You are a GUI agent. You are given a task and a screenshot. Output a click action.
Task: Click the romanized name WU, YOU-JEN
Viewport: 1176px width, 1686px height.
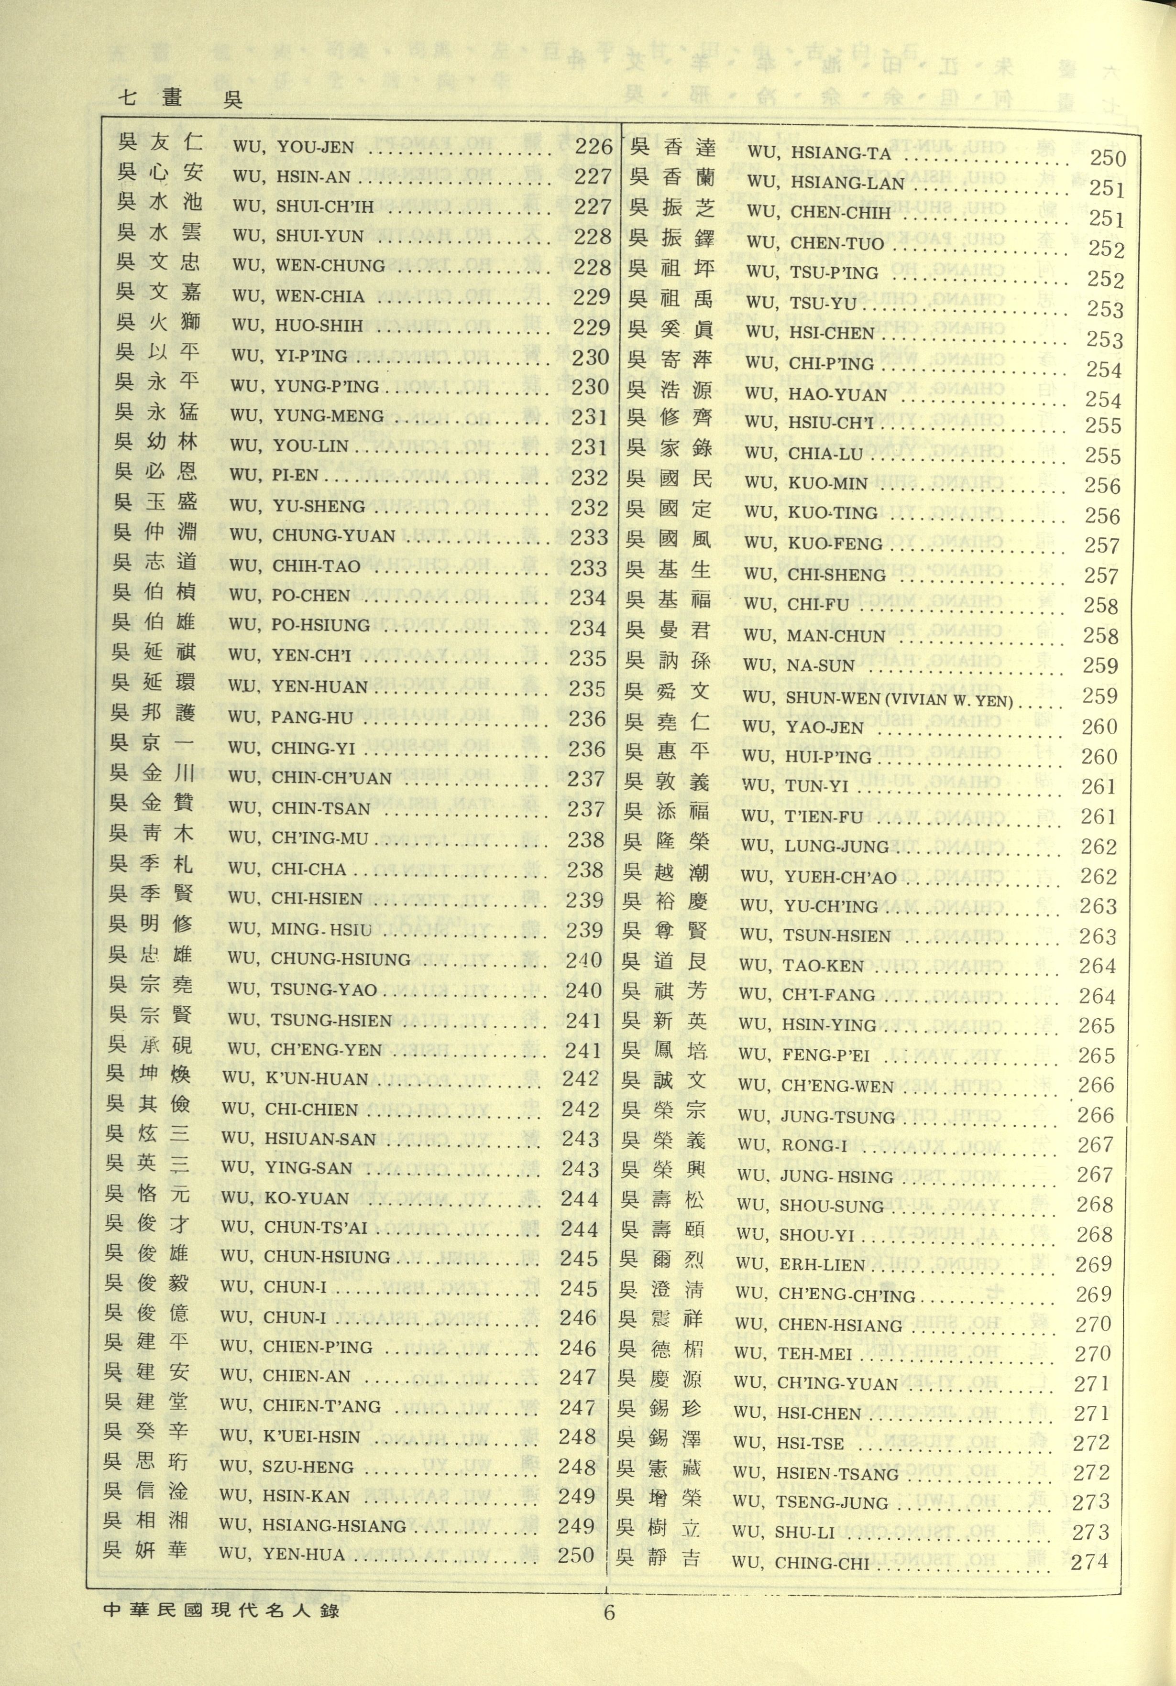point(293,147)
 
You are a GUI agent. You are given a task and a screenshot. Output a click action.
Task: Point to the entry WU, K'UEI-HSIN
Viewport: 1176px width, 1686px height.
point(290,1436)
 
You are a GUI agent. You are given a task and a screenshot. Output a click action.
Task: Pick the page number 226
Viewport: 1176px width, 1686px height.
point(593,146)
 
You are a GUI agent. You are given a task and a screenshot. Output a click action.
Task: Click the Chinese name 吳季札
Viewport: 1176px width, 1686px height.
point(151,864)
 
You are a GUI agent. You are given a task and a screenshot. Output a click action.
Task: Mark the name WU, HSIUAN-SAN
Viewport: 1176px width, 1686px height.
point(298,1139)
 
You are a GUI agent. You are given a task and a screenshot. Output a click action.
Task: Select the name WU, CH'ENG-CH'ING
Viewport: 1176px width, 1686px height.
point(825,1294)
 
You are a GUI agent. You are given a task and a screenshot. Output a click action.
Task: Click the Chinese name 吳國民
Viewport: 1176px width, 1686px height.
point(669,479)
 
